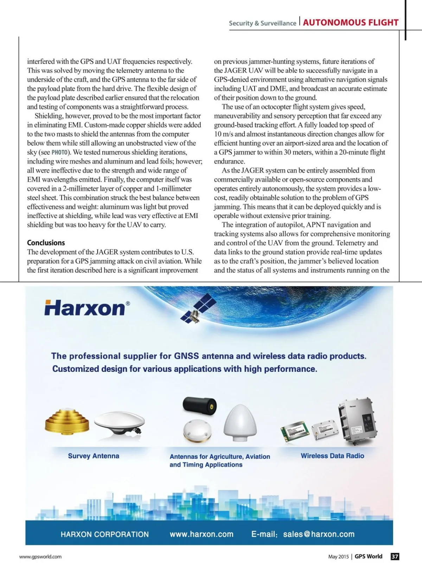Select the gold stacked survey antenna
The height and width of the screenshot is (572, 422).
tap(67, 421)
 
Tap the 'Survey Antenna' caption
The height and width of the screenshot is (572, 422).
tap(94, 456)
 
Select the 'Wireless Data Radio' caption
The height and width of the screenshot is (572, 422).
tap(332, 456)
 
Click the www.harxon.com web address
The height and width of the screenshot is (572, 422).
tap(202, 534)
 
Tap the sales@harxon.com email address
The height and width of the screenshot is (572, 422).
tap(319, 534)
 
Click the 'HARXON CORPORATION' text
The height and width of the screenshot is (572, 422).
tap(104, 534)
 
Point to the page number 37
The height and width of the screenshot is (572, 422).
tap(395, 557)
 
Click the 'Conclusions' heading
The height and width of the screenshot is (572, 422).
tap(46, 243)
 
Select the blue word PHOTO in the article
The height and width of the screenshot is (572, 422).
tap(60, 152)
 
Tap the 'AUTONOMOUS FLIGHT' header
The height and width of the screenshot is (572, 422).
tap(351, 23)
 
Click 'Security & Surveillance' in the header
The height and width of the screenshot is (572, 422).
tap(262, 23)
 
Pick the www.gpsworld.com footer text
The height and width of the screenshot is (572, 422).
tap(40, 557)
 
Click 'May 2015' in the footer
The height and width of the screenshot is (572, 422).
tap(338, 557)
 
